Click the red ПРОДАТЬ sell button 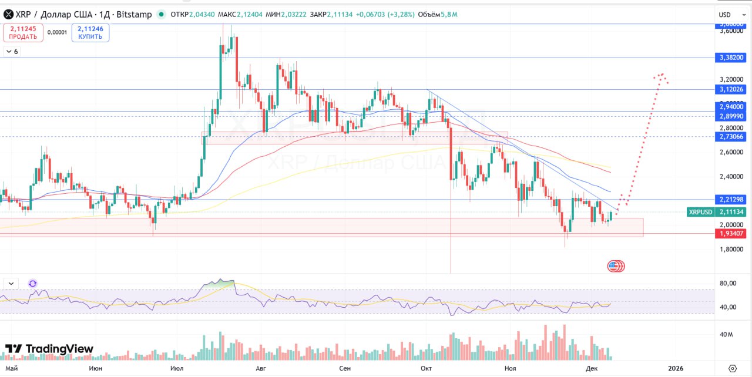pos(23,32)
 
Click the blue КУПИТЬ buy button pos(90,32)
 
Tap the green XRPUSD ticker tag pos(700,212)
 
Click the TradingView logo pos(49,349)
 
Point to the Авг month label pos(261,368)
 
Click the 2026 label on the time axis pos(676,368)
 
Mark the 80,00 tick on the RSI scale pos(728,283)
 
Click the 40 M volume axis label pos(726,335)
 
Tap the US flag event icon pos(614,266)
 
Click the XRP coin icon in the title pos(9,14)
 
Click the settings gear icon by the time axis pos(732,368)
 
